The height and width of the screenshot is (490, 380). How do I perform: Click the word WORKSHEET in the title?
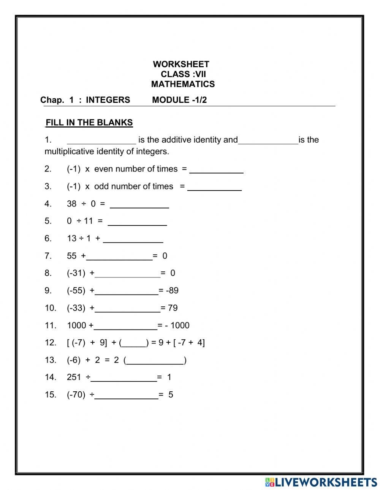click(x=181, y=64)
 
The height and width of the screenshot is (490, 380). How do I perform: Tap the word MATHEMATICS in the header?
click(x=183, y=84)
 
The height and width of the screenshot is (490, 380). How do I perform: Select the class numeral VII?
click(x=201, y=74)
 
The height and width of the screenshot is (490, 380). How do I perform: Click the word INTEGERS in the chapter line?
click(x=108, y=100)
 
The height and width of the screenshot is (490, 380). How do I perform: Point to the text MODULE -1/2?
click(x=179, y=100)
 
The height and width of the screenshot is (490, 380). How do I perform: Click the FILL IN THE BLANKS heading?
click(x=89, y=123)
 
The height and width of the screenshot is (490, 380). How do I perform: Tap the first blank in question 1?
click(x=101, y=140)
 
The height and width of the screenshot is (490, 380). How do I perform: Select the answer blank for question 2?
click(x=216, y=170)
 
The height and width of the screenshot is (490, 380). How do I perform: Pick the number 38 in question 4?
click(x=71, y=204)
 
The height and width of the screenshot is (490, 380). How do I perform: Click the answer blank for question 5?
click(x=137, y=222)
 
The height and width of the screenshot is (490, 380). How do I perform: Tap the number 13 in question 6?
click(x=71, y=238)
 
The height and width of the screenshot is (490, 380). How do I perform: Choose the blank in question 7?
click(x=119, y=257)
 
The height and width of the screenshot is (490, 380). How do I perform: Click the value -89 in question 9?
click(x=172, y=290)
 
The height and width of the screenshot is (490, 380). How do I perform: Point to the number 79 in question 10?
click(x=173, y=308)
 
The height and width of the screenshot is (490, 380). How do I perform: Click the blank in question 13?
click(x=155, y=361)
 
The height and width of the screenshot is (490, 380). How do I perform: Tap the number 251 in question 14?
click(x=74, y=377)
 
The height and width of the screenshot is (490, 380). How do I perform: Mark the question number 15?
click(x=50, y=395)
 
